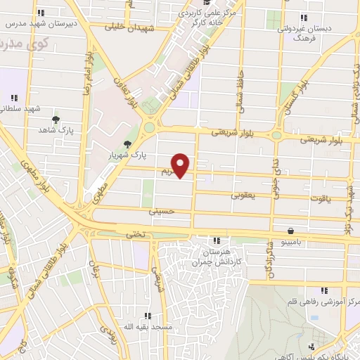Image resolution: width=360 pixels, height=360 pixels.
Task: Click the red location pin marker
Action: coord(181,165)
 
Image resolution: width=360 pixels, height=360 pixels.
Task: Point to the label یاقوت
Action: coord(319,199)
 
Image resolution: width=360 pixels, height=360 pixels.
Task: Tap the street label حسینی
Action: coord(160,210)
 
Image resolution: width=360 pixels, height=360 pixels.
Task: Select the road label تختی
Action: coord(134,235)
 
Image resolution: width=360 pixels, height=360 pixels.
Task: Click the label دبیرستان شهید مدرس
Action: coord(40,22)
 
